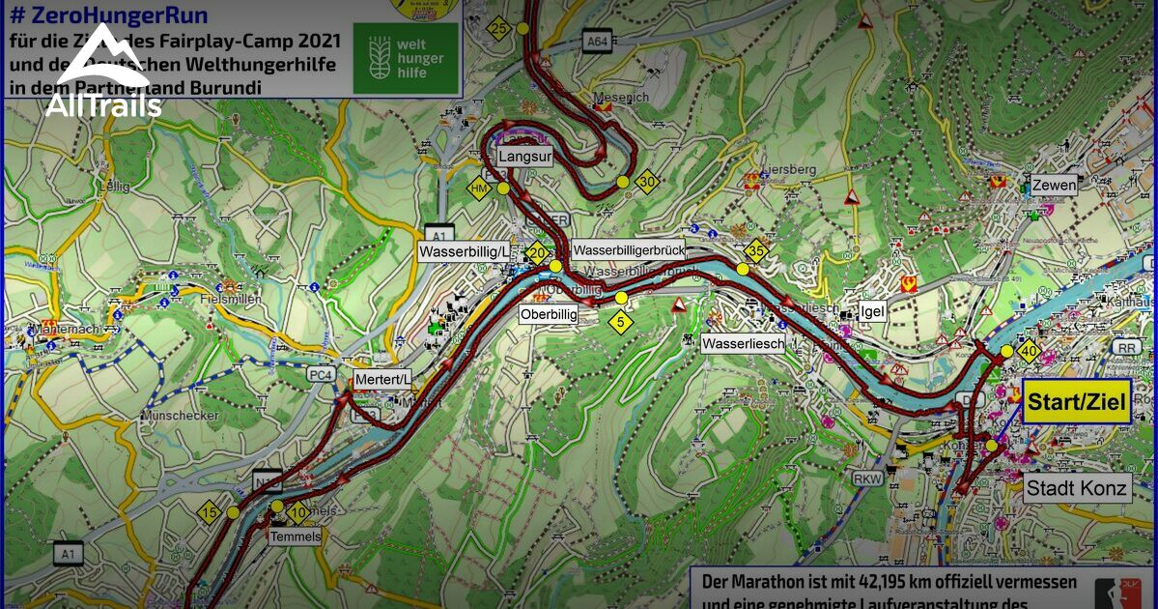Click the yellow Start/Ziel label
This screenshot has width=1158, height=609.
click(1077, 403)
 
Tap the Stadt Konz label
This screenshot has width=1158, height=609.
click(1077, 488)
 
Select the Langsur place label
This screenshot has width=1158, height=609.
click(524, 156)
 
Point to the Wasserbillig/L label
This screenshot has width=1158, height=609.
click(465, 251)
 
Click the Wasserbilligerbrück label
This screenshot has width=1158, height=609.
click(628, 249)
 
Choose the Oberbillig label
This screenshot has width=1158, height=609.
click(548, 315)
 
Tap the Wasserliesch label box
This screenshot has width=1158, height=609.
click(743, 343)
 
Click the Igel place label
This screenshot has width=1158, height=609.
click(872, 312)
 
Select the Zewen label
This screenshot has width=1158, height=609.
click(1054, 186)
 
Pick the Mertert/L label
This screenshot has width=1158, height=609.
click(382, 379)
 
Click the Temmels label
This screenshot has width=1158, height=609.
click(296, 536)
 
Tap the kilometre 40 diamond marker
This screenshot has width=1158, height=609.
click(1030, 353)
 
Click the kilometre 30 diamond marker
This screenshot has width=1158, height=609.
click(647, 182)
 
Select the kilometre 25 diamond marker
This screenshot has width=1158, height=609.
click(498, 29)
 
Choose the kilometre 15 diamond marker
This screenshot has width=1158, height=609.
click(210, 512)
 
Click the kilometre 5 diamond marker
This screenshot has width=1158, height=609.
click(619, 321)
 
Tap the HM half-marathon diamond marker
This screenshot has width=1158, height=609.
click(479, 188)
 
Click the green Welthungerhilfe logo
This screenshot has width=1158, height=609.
click(405, 58)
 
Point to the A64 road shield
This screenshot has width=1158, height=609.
click(598, 41)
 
